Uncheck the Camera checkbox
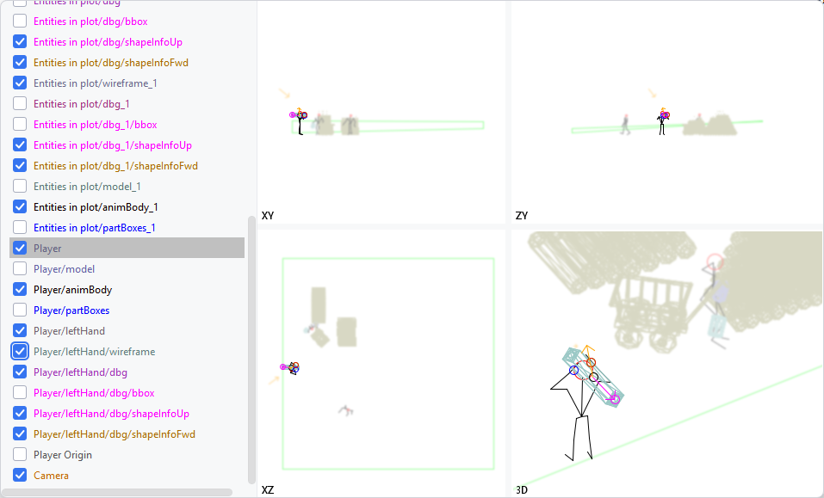[x=20, y=476]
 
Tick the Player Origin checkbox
[x=20, y=455]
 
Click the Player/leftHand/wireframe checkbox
[x=20, y=352]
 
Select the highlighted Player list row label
[x=47, y=249]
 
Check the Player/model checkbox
[x=20, y=269]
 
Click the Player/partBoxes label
[x=71, y=310]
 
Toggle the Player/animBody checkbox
[x=20, y=290]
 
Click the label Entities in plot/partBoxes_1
[x=95, y=228]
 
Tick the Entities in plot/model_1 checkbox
[x=20, y=187]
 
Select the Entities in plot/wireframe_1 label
[x=95, y=83]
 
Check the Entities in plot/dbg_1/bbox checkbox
[x=20, y=125]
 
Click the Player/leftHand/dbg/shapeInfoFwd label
[x=115, y=434]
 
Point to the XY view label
[x=268, y=215]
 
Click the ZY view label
[x=521, y=215]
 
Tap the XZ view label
[x=268, y=489]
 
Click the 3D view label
[x=521, y=489]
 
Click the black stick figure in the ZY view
[x=662, y=123]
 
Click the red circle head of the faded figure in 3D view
[x=714, y=261]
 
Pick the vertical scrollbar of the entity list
[x=251, y=344]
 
